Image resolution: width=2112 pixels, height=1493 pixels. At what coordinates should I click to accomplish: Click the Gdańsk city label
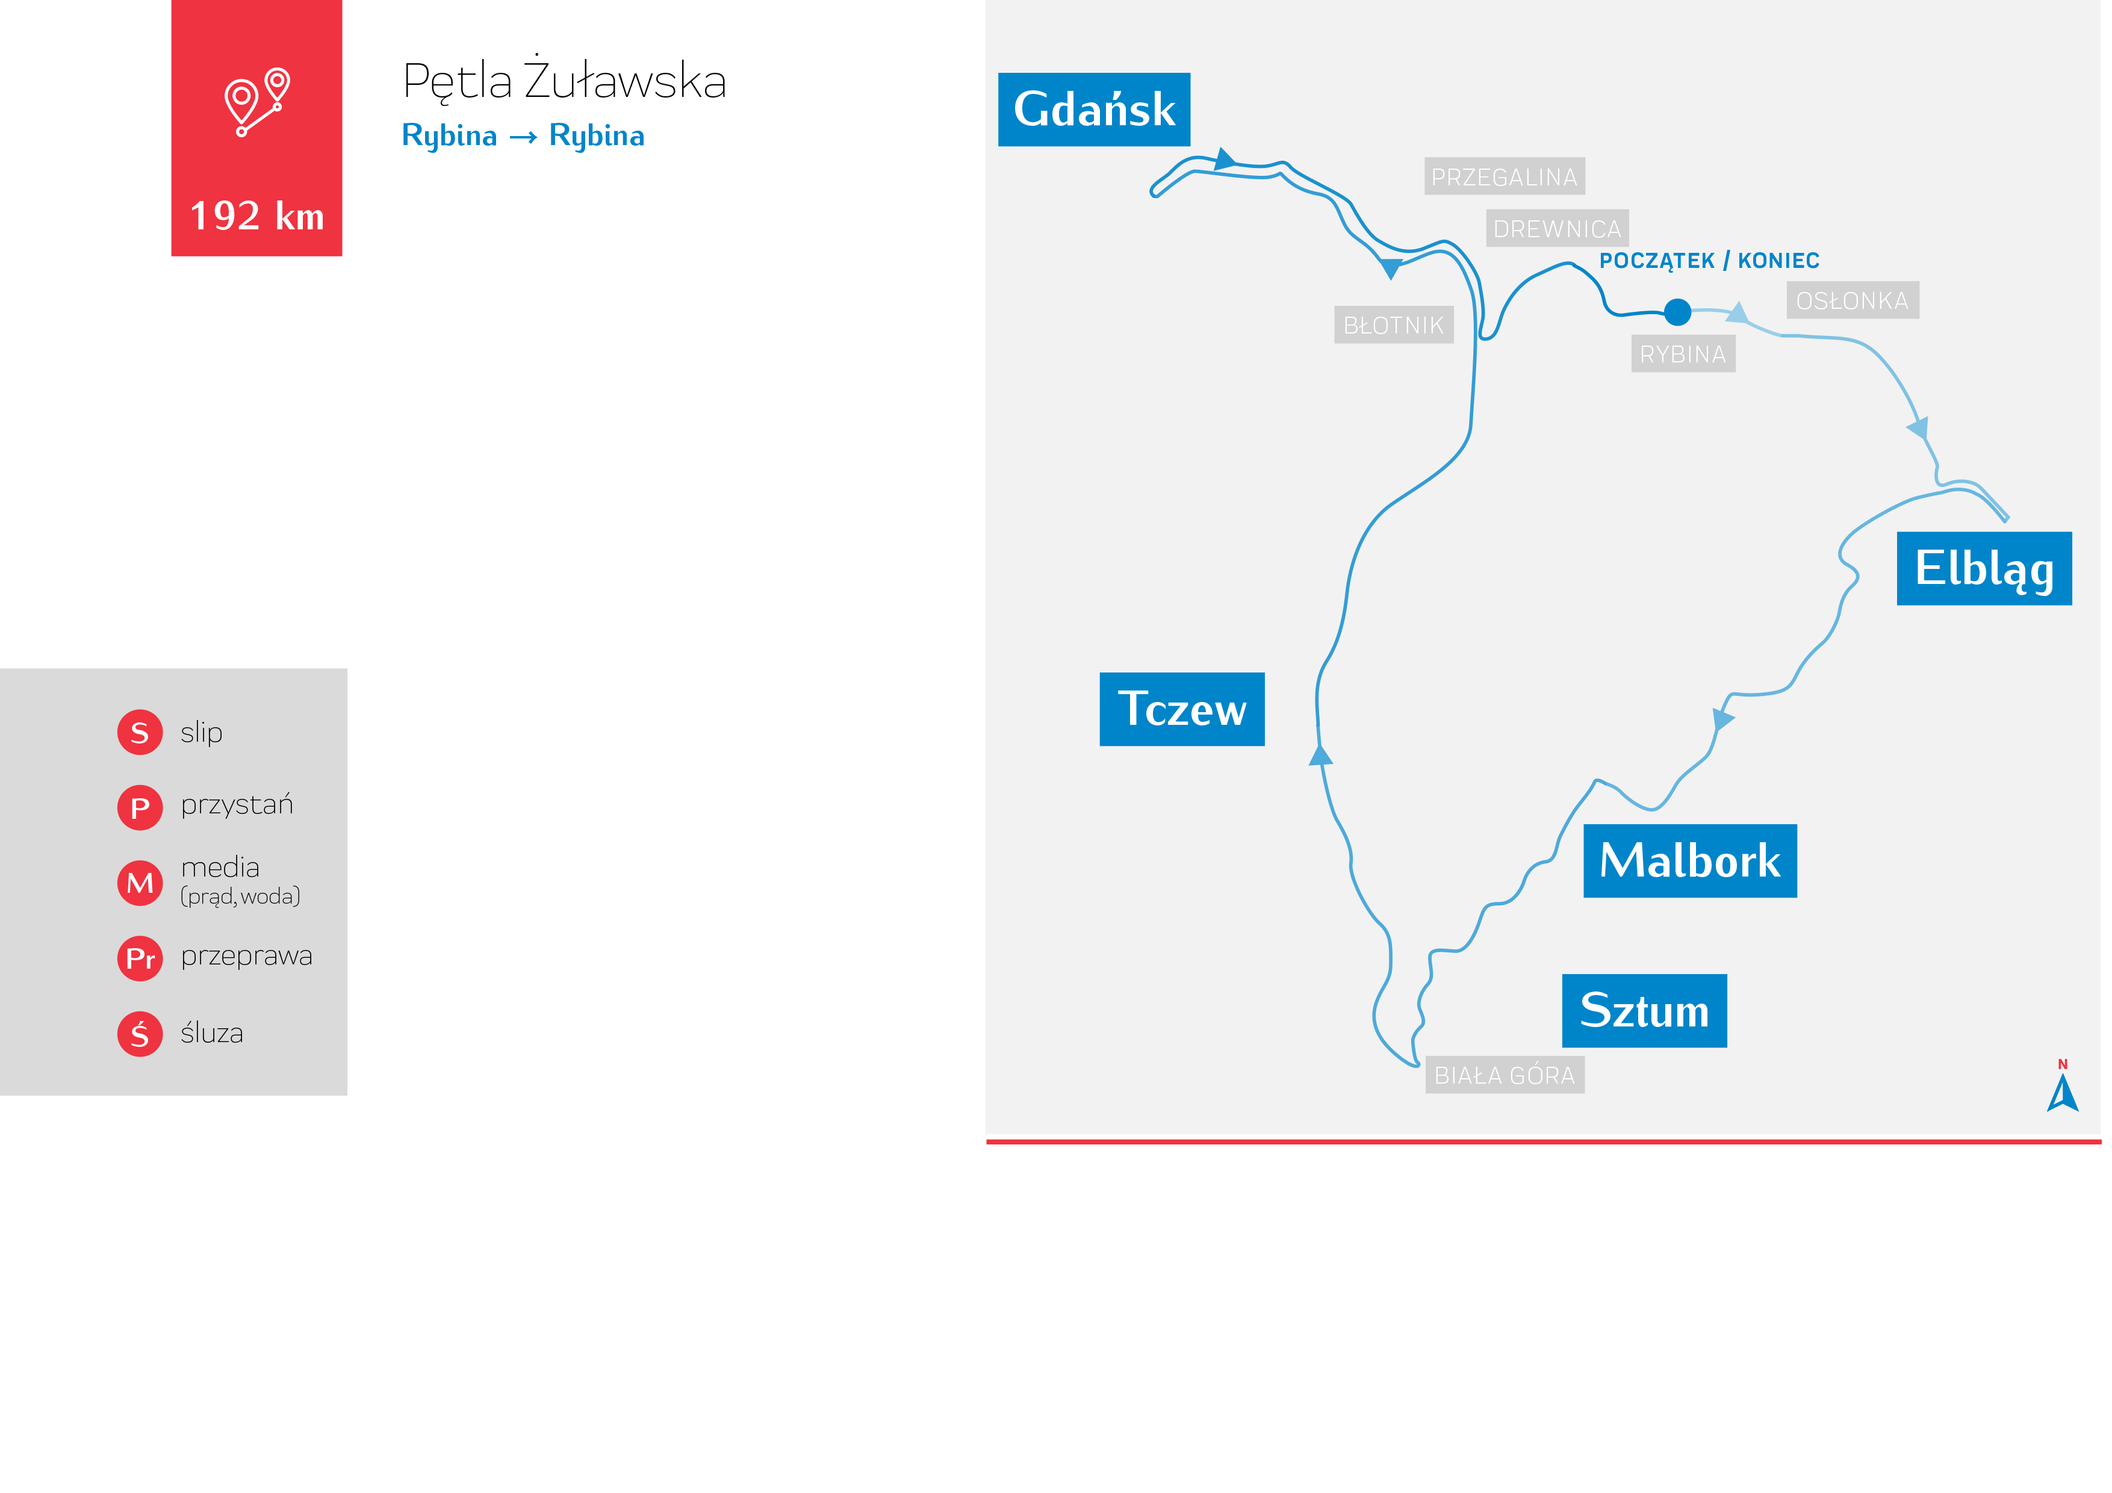tap(1094, 110)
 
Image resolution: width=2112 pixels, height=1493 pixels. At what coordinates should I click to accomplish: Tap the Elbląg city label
tap(1984, 568)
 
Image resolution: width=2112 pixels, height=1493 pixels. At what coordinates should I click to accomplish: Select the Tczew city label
tap(1181, 709)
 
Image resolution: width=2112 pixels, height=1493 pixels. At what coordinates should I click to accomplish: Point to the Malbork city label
tap(1690, 861)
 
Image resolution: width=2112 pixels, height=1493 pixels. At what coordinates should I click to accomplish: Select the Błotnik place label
tap(1394, 324)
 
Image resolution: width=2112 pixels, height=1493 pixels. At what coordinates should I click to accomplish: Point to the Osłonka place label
tap(1852, 301)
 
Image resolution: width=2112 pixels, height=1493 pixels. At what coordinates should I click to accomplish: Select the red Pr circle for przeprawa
tap(140, 958)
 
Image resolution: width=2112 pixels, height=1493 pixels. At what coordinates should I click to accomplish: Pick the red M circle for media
tap(140, 883)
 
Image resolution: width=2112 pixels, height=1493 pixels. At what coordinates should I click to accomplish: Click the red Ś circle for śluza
tap(140, 1034)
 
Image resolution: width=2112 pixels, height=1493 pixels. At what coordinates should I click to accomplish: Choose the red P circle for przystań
tap(140, 808)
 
